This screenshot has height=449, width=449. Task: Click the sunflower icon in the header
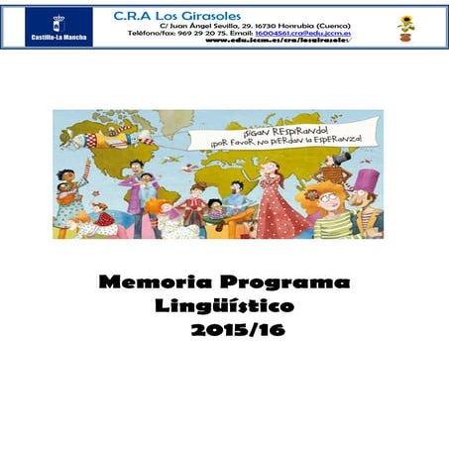tap(406, 27)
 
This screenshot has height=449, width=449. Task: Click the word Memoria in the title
tap(154, 282)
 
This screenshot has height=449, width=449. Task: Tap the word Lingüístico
tap(225, 306)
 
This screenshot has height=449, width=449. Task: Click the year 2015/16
tap(238, 330)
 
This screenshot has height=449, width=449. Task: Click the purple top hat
tap(367, 180)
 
